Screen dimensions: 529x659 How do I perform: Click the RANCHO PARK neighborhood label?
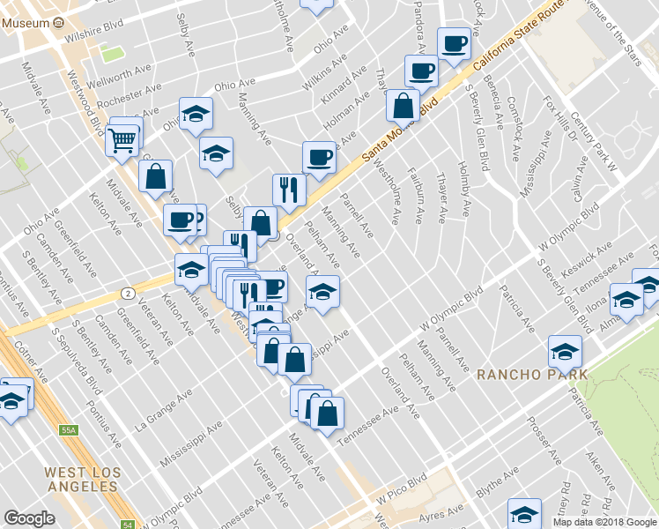click(532, 374)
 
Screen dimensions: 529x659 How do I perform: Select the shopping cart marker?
click(123, 139)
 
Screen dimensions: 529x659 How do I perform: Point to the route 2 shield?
click(130, 292)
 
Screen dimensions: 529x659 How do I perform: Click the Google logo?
click(29, 518)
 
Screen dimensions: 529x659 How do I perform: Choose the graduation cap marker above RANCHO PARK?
click(564, 352)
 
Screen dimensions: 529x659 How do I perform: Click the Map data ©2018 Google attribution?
click(604, 522)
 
